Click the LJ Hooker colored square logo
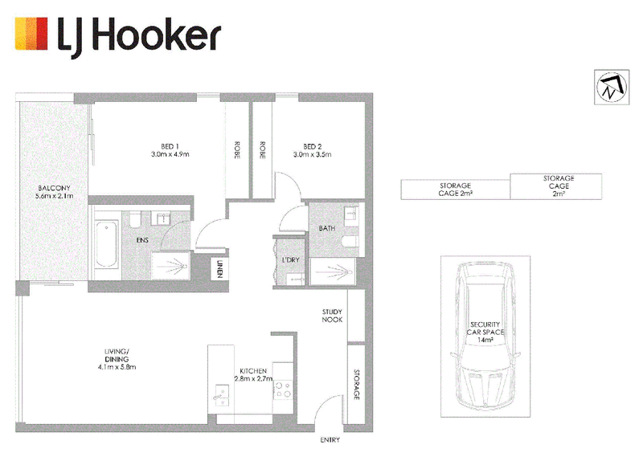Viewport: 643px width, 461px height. click(31, 34)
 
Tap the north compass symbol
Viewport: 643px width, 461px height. click(612, 87)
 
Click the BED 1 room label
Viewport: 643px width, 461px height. click(170, 146)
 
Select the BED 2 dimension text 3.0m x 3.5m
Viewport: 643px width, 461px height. click(312, 154)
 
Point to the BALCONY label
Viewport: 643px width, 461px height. click(54, 188)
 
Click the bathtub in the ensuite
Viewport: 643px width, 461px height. click(106, 245)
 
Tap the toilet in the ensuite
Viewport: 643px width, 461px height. click(135, 219)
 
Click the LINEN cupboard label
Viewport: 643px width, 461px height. click(219, 269)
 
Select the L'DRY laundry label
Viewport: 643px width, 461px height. click(291, 259)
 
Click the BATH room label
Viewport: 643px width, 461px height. click(327, 228)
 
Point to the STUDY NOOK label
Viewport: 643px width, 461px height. click(332, 316)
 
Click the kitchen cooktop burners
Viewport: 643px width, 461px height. click(283, 390)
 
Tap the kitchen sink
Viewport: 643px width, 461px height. click(223, 395)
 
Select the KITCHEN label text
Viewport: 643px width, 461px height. click(253, 371)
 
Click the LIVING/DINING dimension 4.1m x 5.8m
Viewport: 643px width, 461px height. click(117, 367)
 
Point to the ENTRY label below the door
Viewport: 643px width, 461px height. click(330, 440)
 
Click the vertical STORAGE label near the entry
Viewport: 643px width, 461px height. click(357, 385)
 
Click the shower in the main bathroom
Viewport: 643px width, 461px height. click(333, 271)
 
